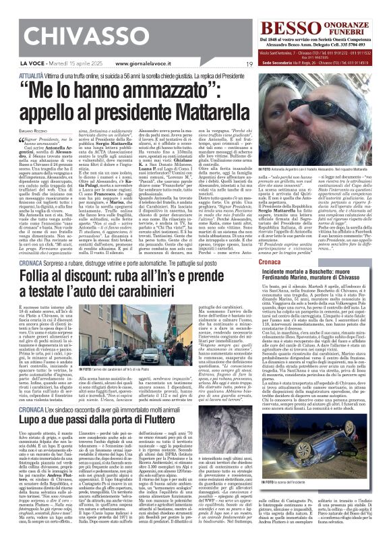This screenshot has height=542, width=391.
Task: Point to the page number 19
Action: click(x=249, y=63)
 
